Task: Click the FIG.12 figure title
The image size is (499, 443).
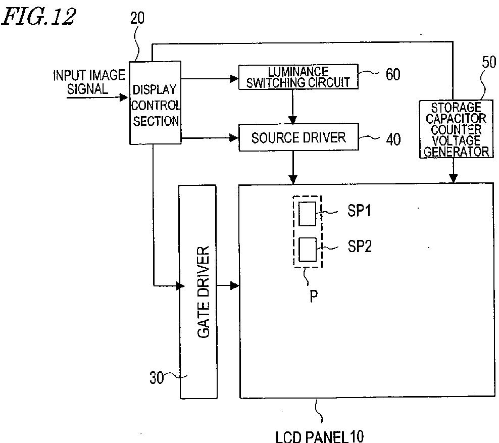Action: tap(39, 16)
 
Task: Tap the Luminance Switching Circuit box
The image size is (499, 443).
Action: tap(298, 77)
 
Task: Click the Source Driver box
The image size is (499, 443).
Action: tap(298, 137)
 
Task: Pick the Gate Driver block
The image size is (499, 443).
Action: tap(198, 292)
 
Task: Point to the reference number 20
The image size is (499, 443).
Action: tap(137, 18)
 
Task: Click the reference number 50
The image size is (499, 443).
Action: tap(489, 63)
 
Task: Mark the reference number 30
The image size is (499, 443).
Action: tap(157, 377)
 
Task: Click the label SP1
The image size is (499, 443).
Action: tap(359, 211)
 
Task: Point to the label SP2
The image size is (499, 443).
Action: tap(359, 247)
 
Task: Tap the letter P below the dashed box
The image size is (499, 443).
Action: tap(313, 296)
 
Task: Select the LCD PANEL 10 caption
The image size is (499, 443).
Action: tap(319, 435)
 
